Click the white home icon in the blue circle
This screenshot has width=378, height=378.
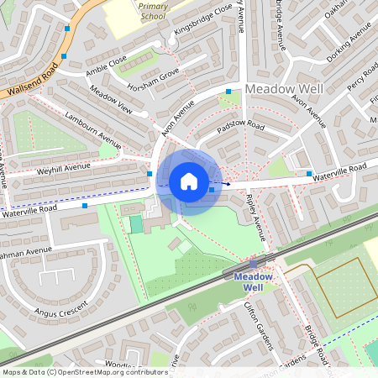coord(189,181)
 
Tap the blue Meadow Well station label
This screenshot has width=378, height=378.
coord(253,281)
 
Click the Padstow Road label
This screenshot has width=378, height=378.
coord(240,128)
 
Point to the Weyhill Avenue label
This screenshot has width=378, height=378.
coord(63,170)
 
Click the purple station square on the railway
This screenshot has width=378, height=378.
coord(254,263)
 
